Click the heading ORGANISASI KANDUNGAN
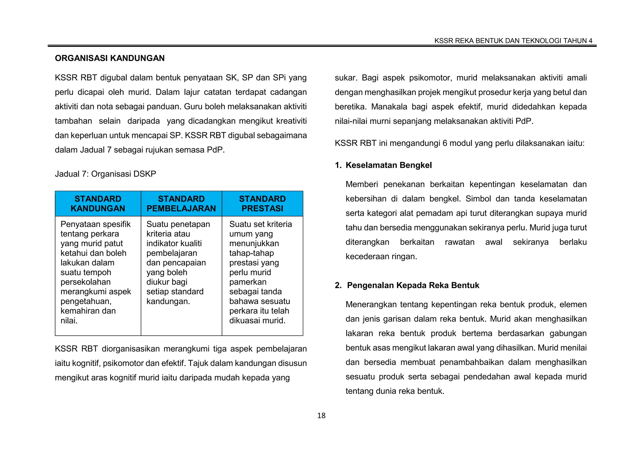coord(110,58)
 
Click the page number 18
coord(321,416)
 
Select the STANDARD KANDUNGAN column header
coord(98,203)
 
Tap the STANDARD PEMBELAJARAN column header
coord(181,203)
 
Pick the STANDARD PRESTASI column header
coord(262,203)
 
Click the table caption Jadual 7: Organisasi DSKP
coord(105,174)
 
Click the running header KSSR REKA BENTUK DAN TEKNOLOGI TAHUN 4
coord(513,41)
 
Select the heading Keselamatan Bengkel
coord(388,165)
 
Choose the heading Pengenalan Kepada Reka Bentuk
coord(413,285)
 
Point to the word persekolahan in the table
coord(86,282)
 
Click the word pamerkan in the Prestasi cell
coord(248,282)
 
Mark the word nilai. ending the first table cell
coord(69,321)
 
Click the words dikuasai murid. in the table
coord(257,321)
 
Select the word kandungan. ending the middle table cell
coord(168,301)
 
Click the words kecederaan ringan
coord(381,257)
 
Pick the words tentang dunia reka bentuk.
coord(395,391)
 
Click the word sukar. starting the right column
coord(346,78)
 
